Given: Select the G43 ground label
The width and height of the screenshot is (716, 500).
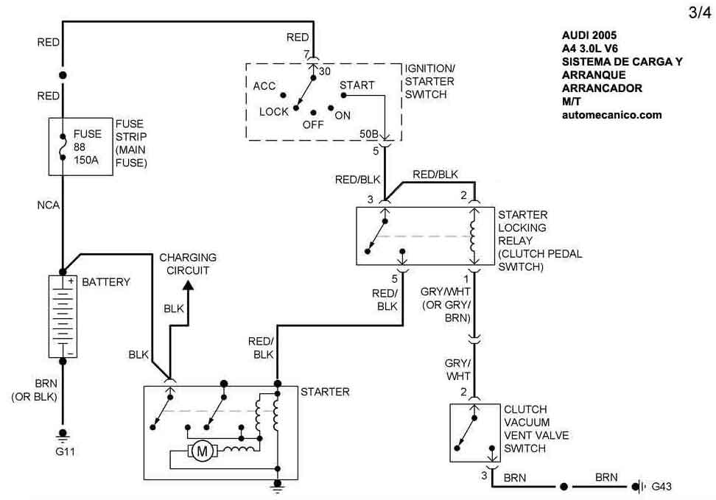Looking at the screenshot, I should click(x=661, y=487).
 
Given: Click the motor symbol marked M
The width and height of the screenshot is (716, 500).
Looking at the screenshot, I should click(x=200, y=451).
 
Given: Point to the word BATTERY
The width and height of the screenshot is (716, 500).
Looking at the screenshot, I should click(x=106, y=282).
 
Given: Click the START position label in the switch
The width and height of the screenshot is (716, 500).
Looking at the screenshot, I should click(x=357, y=85).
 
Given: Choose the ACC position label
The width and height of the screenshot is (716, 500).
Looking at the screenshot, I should click(x=264, y=86).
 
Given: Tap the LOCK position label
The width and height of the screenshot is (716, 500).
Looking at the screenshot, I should click(x=273, y=112).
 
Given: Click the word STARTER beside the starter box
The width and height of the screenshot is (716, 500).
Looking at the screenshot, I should click(x=325, y=392).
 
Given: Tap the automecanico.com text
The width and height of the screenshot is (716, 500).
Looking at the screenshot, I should click(x=611, y=115).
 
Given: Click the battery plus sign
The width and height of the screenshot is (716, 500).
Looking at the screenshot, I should click(x=71, y=281).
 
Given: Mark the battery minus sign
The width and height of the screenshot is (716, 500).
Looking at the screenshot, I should click(x=71, y=353).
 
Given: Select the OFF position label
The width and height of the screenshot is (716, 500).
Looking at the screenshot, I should click(x=313, y=125).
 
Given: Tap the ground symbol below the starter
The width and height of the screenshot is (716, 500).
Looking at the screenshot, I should click(x=278, y=485).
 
